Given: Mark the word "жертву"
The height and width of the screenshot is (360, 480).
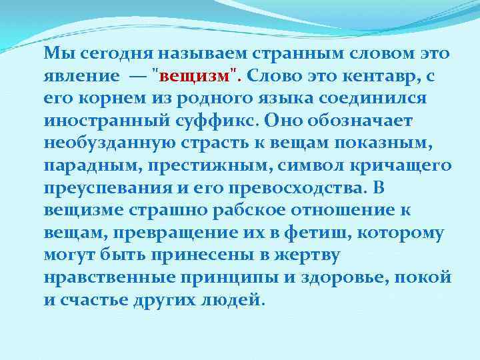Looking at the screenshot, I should click(x=310, y=255).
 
